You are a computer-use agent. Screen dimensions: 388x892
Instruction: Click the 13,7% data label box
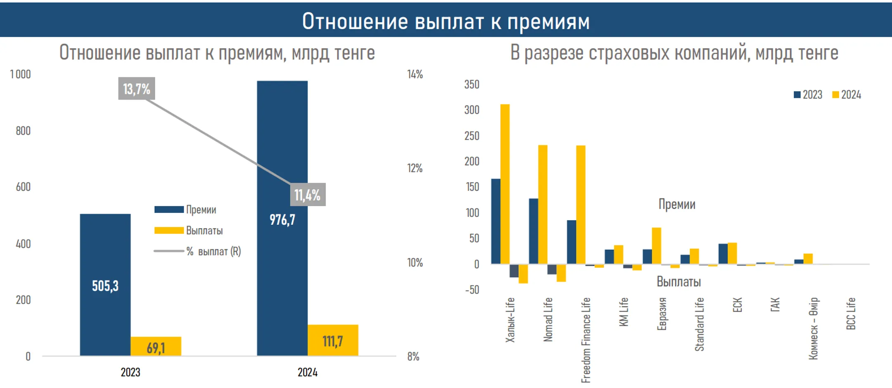pyautogui.click(x=137, y=88)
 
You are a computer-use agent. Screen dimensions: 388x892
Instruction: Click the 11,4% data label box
pyautogui.click(x=308, y=195)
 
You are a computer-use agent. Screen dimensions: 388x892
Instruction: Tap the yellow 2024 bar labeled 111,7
pyautogui.click(x=333, y=340)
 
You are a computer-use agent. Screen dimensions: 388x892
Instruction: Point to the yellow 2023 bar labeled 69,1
pyautogui.click(x=156, y=346)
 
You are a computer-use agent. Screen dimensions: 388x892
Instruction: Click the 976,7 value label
pyautogui.click(x=282, y=220)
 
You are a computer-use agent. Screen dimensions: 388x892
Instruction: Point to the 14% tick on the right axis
pyautogui.click(x=415, y=74)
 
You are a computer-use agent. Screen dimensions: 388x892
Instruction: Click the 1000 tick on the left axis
pyautogui.click(x=20, y=74)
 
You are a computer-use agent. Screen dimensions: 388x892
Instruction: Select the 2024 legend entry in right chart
pyautogui.click(x=847, y=95)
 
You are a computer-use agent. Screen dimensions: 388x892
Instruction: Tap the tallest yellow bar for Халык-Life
pyautogui.click(x=505, y=184)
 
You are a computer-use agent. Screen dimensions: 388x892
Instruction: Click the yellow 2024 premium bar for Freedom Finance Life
pyautogui.click(x=580, y=205)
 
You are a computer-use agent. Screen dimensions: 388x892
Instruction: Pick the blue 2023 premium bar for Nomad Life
pyautogui.click(x=533, y=231)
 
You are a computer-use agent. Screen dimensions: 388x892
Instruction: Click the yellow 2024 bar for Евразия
pyautogui.click(x=656, y=245)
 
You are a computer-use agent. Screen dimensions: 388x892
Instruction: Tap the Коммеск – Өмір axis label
pyautogui.click(x=813, y=328)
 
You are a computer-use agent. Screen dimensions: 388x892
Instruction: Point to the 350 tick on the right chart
pyautogui.click(x=472, y=84)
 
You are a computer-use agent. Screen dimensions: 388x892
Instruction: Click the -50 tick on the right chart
pyautogui.click(x=472, y=290)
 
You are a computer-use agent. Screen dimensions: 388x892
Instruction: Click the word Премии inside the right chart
pyautogui.click(x=676, y=204)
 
